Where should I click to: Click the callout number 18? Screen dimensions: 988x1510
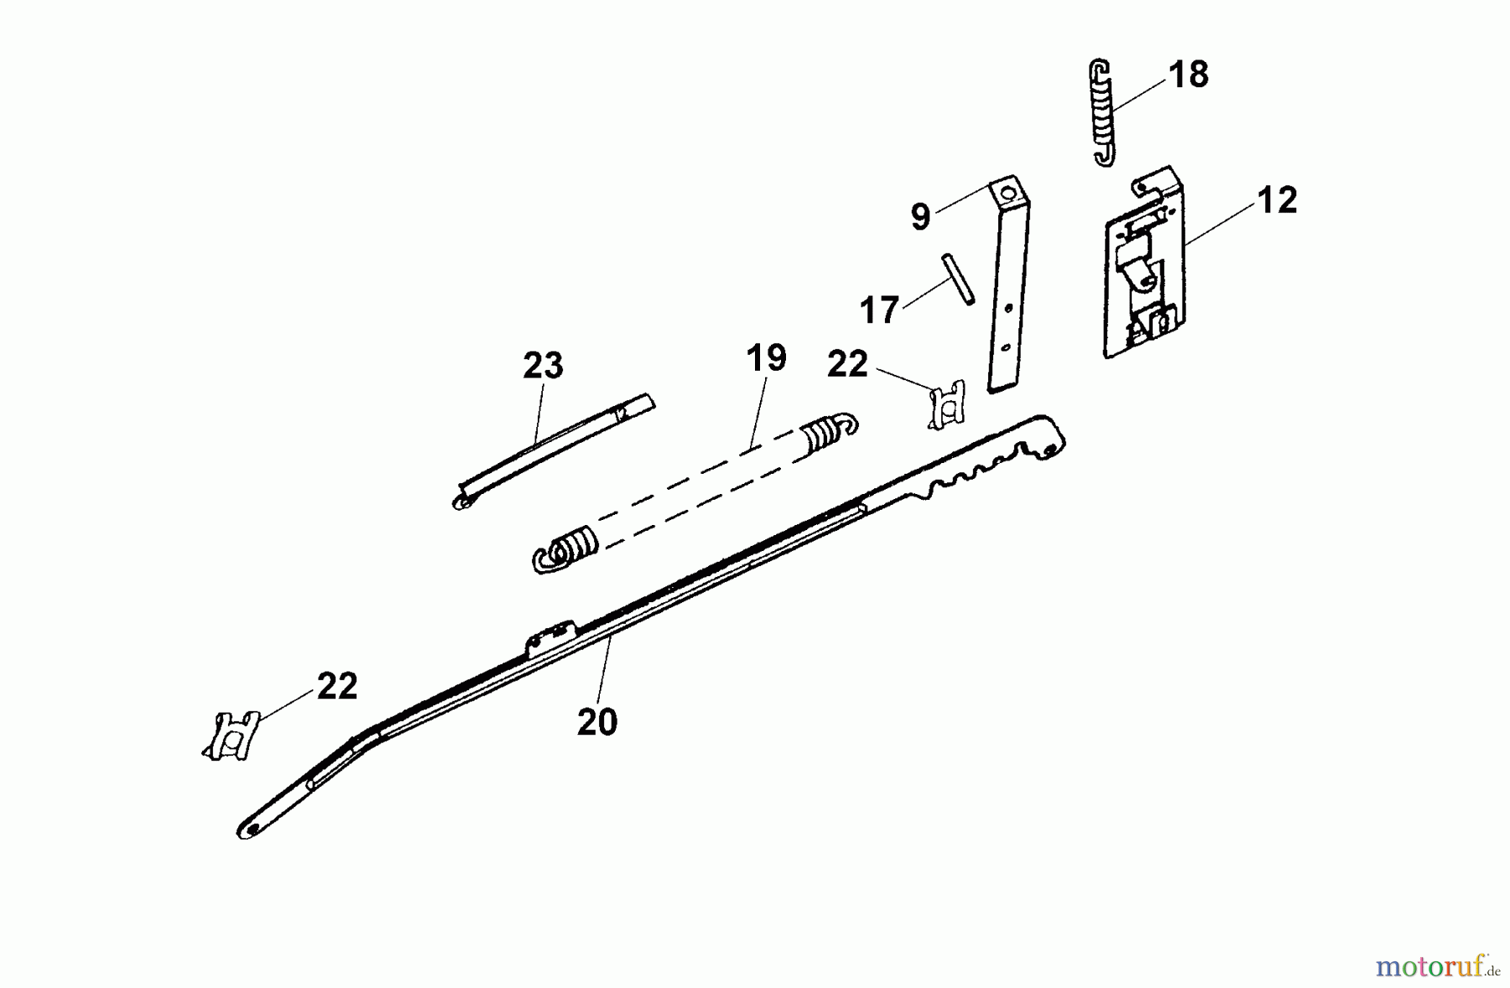1188,75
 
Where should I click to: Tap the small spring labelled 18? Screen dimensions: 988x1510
1102,112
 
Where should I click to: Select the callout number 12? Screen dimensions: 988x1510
1277,200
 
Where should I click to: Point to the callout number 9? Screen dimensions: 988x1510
920,217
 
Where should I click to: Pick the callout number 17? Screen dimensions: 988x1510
879,310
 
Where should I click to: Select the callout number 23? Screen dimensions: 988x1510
543,366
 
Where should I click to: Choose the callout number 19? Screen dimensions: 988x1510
766,358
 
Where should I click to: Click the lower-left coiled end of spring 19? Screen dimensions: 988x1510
564,549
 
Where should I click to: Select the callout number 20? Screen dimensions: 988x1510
596,721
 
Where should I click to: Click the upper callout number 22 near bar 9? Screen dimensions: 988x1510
846,364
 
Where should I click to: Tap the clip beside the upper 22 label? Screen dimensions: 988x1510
946,404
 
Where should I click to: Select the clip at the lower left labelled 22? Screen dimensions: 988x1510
230,736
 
